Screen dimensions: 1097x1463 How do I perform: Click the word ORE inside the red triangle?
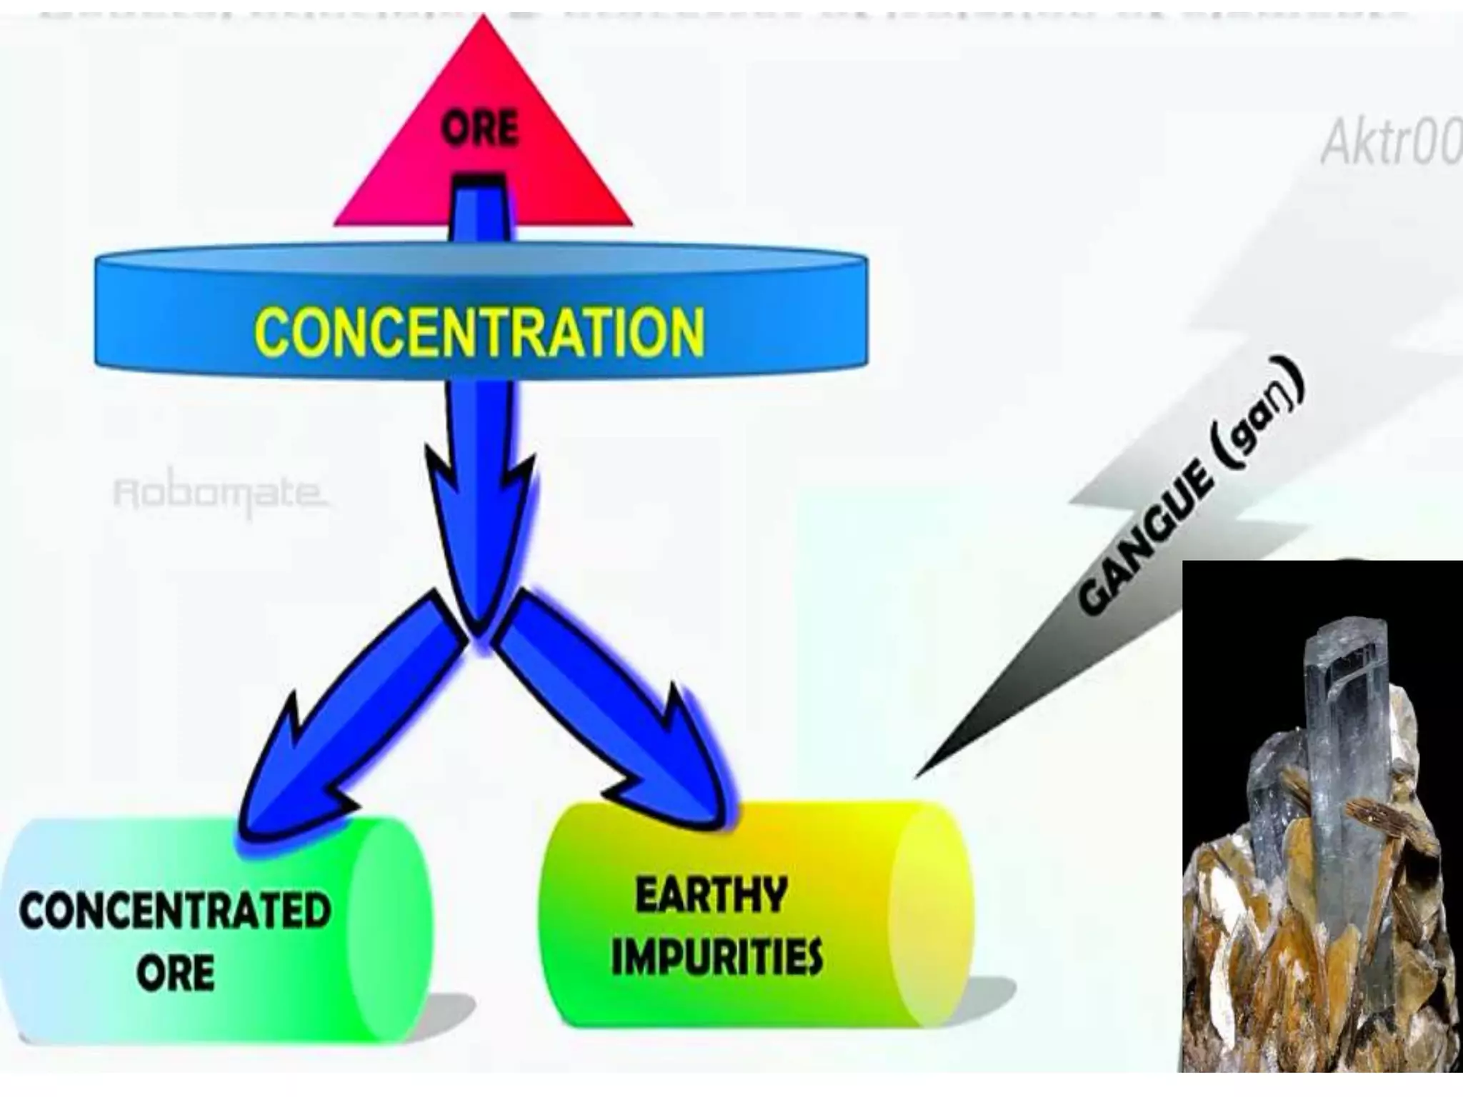(x=479, y=129)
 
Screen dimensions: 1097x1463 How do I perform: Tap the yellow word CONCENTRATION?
(x=479, y=331)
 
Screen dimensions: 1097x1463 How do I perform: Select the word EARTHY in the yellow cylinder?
(x=711, y=895)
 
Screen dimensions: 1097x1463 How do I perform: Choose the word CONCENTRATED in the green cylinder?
(x=176, y=911)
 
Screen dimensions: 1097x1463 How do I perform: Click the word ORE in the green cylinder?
(x=176, y=972)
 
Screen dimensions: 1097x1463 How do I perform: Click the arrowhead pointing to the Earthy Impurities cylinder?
(x=679, y=778)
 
